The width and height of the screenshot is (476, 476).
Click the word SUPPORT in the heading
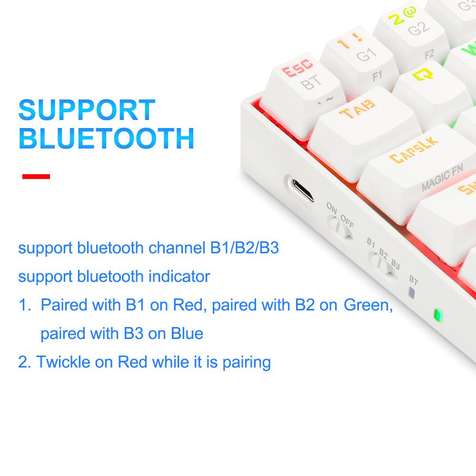[x=87, y=109]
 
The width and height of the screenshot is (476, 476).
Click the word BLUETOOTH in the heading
[x=106, y=138]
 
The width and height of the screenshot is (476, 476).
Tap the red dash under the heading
[x=36, y=177]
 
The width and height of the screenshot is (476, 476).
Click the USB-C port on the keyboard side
[x=302, y=190]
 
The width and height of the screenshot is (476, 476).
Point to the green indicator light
[x=438, y=315]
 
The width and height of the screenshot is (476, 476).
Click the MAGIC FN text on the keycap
[x=442, y=177]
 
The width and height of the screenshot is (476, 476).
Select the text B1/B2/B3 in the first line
[x=244, y=248]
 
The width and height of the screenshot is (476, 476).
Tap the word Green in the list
[x=368, y=305]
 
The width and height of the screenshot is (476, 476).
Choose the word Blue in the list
[x=187, y=333]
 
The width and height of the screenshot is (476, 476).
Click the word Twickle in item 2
[x=63, y=362]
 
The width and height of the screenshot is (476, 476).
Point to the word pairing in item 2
[x=247, y=363]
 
